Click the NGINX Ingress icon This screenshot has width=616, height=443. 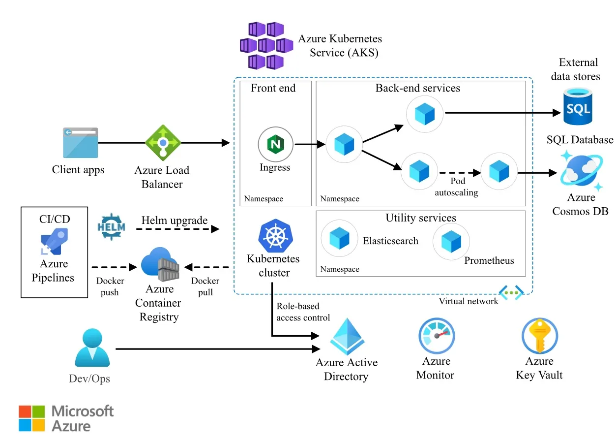[275, 145]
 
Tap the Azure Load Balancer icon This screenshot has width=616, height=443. [163, 143]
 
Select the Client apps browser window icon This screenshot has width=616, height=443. [80, 143]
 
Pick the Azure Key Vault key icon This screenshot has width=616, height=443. [539, 336]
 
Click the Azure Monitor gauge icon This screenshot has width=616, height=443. [437, 336]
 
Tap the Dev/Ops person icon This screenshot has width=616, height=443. [92, 348]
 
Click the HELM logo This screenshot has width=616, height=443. [112, 227]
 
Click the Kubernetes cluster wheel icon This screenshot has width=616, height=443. [272, 236]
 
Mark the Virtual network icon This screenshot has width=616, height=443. [511, 292]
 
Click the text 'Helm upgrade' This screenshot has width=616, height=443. [175, 220]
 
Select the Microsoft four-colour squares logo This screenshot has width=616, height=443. [32, 418]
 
